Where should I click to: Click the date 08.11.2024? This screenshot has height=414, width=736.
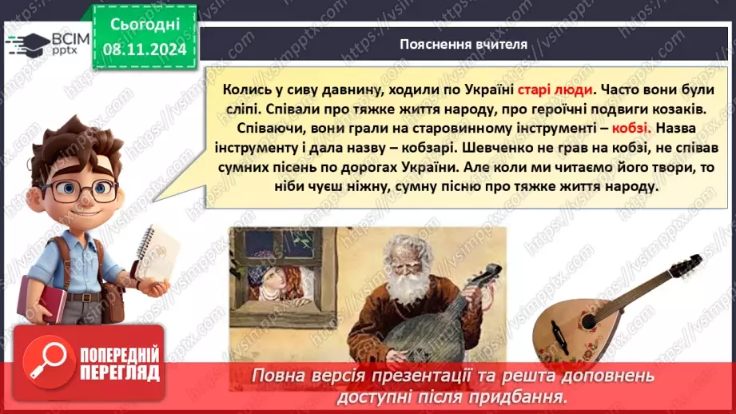click(x=143, y=49)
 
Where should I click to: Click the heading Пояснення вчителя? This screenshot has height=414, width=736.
click(x=463, y=44)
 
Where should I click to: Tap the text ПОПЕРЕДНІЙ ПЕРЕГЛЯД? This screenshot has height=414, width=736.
click(x=119, y=364)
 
